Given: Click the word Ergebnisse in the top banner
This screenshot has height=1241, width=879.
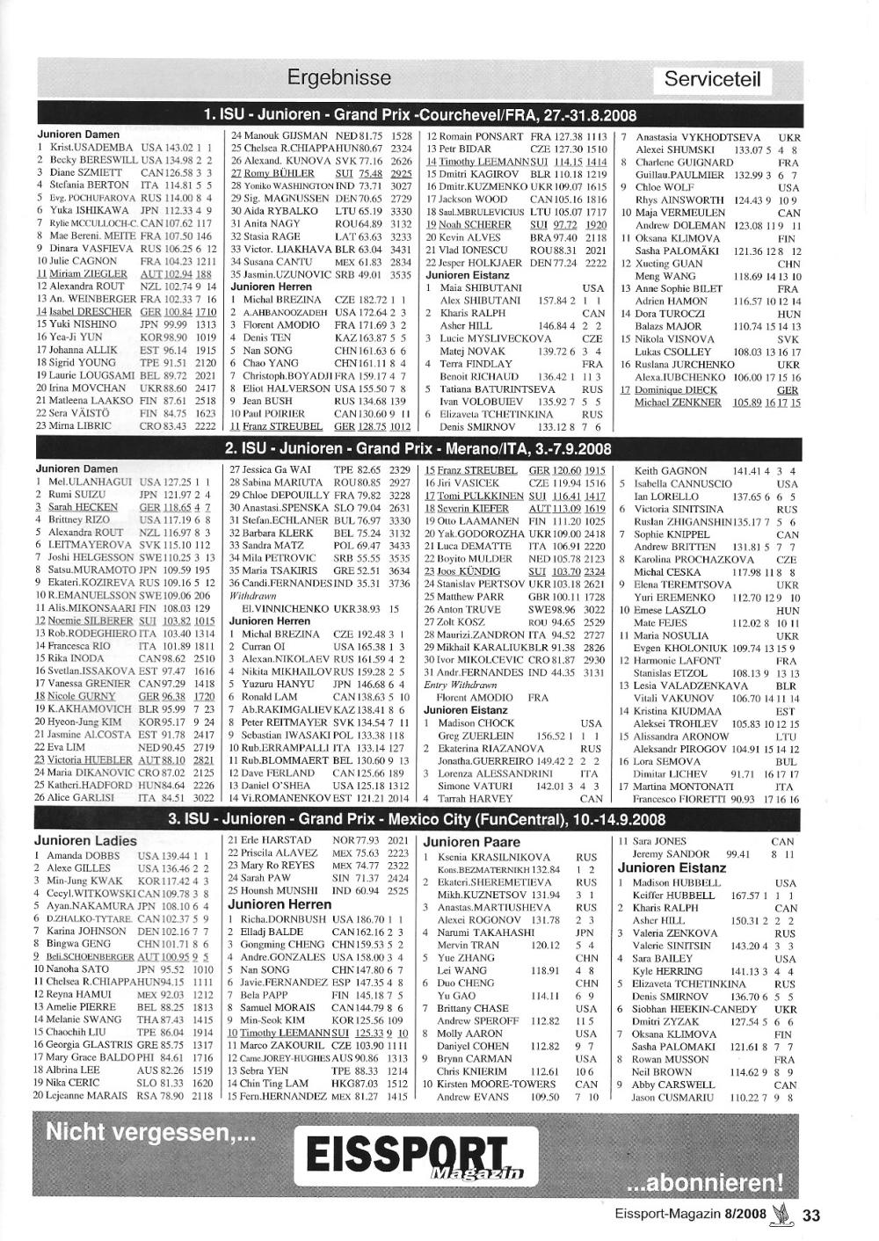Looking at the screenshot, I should (x=338, y=78).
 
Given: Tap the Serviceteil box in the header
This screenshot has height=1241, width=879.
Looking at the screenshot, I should (x=712, y=80).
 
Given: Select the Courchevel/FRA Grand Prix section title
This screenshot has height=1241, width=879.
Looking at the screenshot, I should (x=419, y=115).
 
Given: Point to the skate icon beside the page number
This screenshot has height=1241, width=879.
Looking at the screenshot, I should (x=779, y=1214).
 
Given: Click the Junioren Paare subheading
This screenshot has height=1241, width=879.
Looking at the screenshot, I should (x=472, y=842).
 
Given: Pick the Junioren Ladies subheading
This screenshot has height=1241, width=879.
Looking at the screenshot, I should (x=85, y=841).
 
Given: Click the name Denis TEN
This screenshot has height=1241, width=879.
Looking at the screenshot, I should (x=266, y=337).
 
